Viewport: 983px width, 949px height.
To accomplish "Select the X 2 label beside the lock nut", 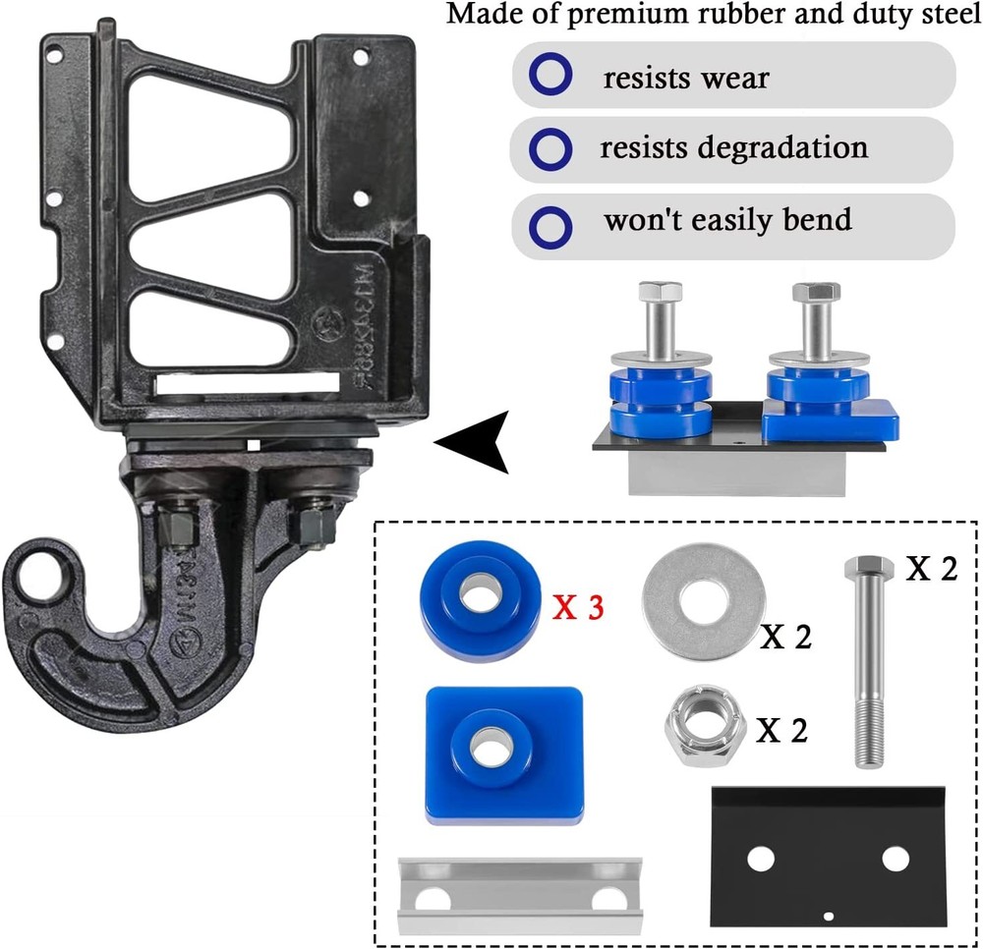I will click(x=782, y=732).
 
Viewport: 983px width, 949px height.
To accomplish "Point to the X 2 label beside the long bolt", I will click(x=930, y=569).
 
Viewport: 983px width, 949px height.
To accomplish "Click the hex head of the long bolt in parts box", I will click(x=868, y=568).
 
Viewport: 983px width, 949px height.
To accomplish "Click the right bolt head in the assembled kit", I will click(x=816, y=292).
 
